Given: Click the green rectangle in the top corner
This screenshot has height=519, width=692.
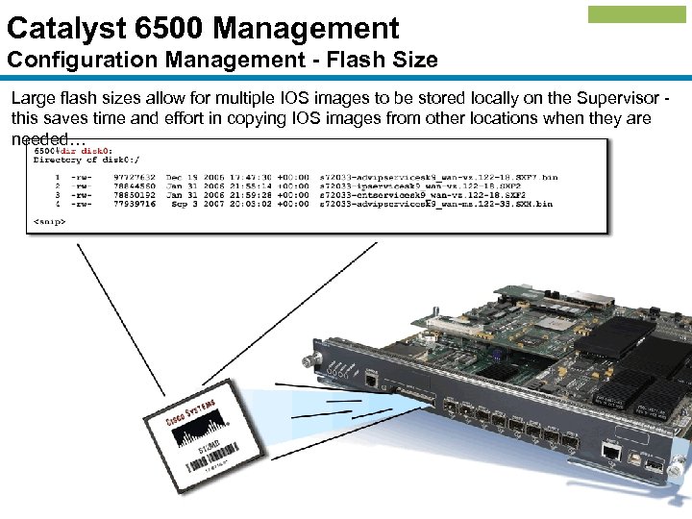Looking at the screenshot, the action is point(636,14).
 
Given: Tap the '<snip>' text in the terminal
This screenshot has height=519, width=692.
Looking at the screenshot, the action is point(50,221).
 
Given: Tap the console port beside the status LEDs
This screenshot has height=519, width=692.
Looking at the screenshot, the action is point(372,380).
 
